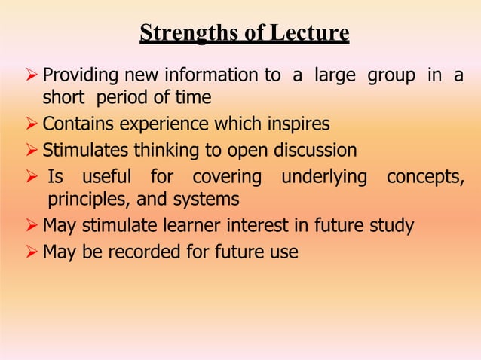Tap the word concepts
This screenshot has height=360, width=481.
click(x=424, y=178)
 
